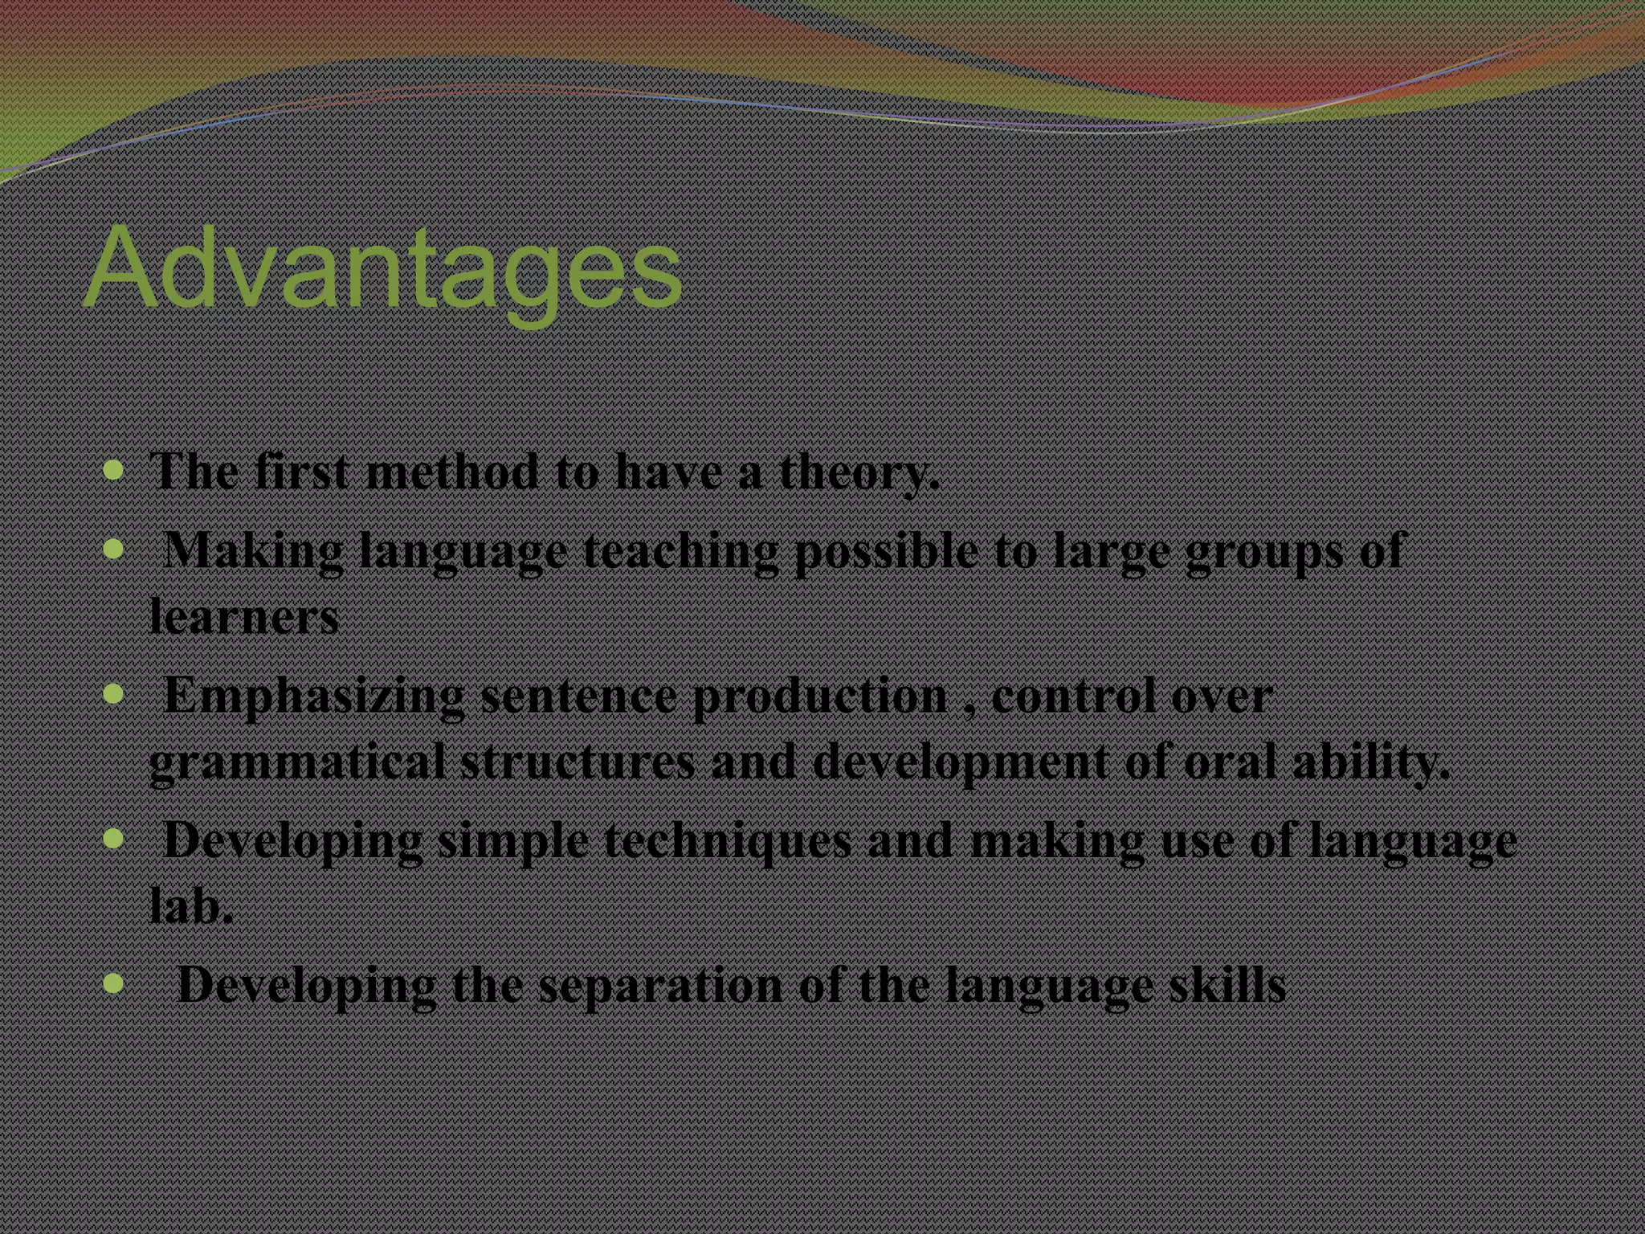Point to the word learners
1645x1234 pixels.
point(243,617)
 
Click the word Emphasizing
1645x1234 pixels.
point(314,697)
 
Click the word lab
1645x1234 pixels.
point(191,906)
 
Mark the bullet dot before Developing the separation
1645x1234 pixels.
point(114,982)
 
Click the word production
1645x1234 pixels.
point(820,697)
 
